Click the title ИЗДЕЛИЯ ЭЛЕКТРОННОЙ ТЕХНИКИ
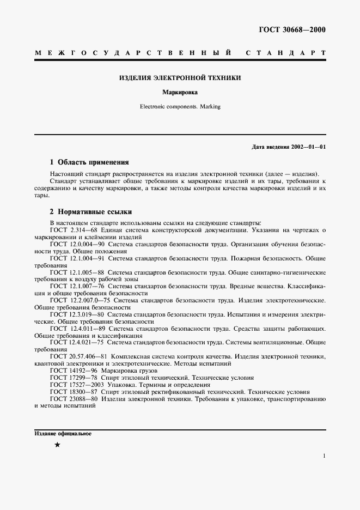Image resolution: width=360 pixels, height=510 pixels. (180, 78)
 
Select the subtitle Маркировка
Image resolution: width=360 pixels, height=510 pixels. (180, 93)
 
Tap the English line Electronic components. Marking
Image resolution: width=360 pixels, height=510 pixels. (180, 107)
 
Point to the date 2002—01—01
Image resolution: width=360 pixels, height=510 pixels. (307, 147)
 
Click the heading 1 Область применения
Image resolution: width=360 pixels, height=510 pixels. (89, 162)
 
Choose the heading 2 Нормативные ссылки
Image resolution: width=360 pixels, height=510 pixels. (90, 211)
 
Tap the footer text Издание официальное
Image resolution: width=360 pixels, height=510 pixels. (63, 434)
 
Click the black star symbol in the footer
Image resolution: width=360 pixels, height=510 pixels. (57, 445)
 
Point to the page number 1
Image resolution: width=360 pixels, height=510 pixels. (324, 456)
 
